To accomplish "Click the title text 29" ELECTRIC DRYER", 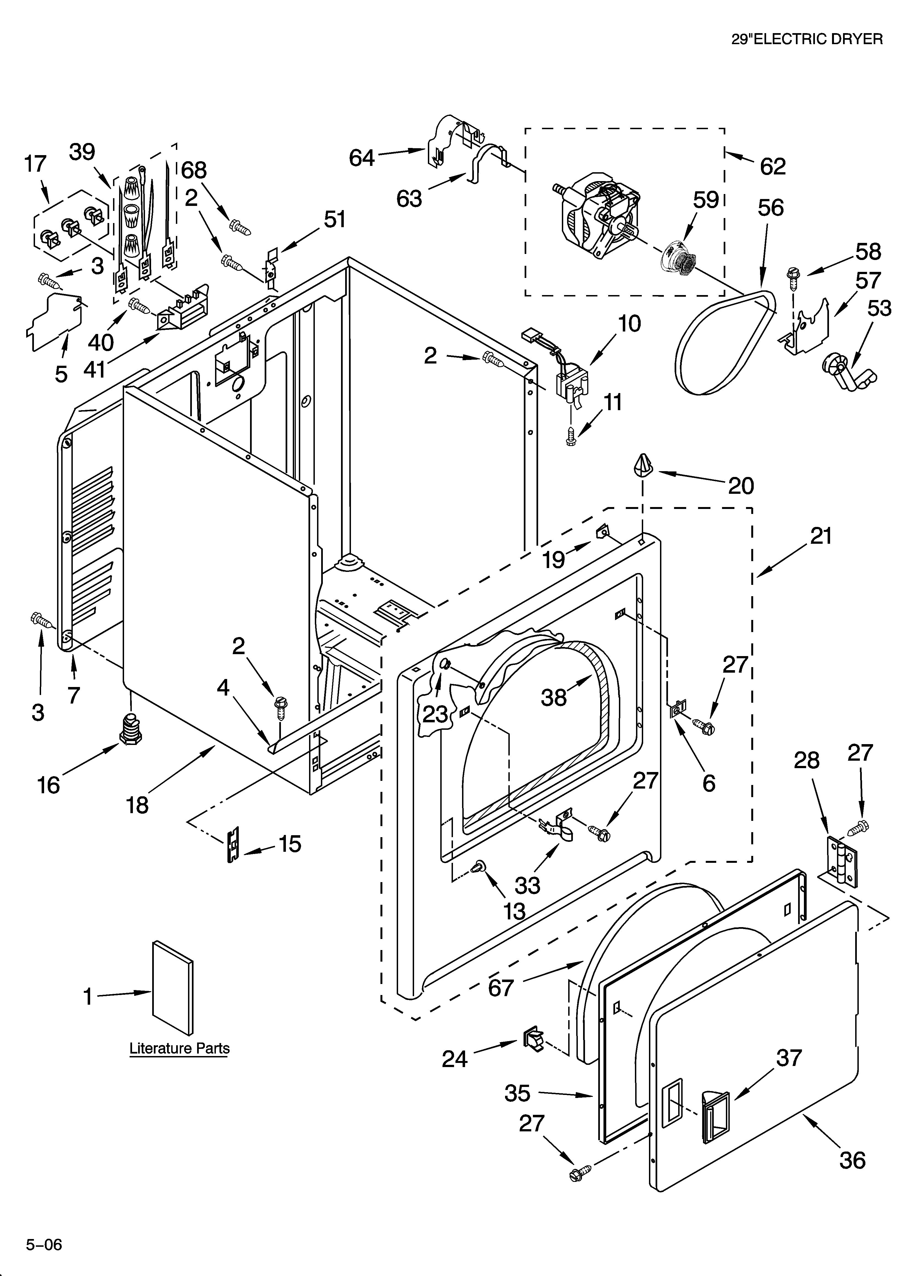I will coord(807,39).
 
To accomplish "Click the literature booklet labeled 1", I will coord(173,987).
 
